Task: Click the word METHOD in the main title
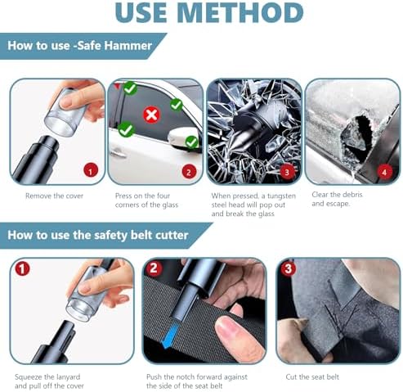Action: tap(241, 13)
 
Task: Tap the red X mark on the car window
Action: tap(151, 115)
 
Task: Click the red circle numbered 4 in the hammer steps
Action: tap(384, 172)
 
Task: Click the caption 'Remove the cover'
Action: tap(54, 196)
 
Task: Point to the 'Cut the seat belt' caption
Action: tap(312, 377)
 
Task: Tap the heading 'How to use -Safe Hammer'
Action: tap(79, 46)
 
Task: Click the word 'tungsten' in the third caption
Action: tap(281, 196)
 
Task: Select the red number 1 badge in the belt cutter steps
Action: tap(22, 268)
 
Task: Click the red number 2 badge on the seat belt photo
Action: tap(154, 268)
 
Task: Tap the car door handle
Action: tap(118, 153)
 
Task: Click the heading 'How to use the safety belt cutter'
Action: tap(98, 235)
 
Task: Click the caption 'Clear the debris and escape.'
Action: tap(337, 199)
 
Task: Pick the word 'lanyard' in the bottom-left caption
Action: tap(67, 377)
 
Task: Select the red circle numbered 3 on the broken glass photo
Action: tap(287, 172)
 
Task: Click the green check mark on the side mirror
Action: tap(192, 142)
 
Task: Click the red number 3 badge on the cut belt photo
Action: tap(289, 268)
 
